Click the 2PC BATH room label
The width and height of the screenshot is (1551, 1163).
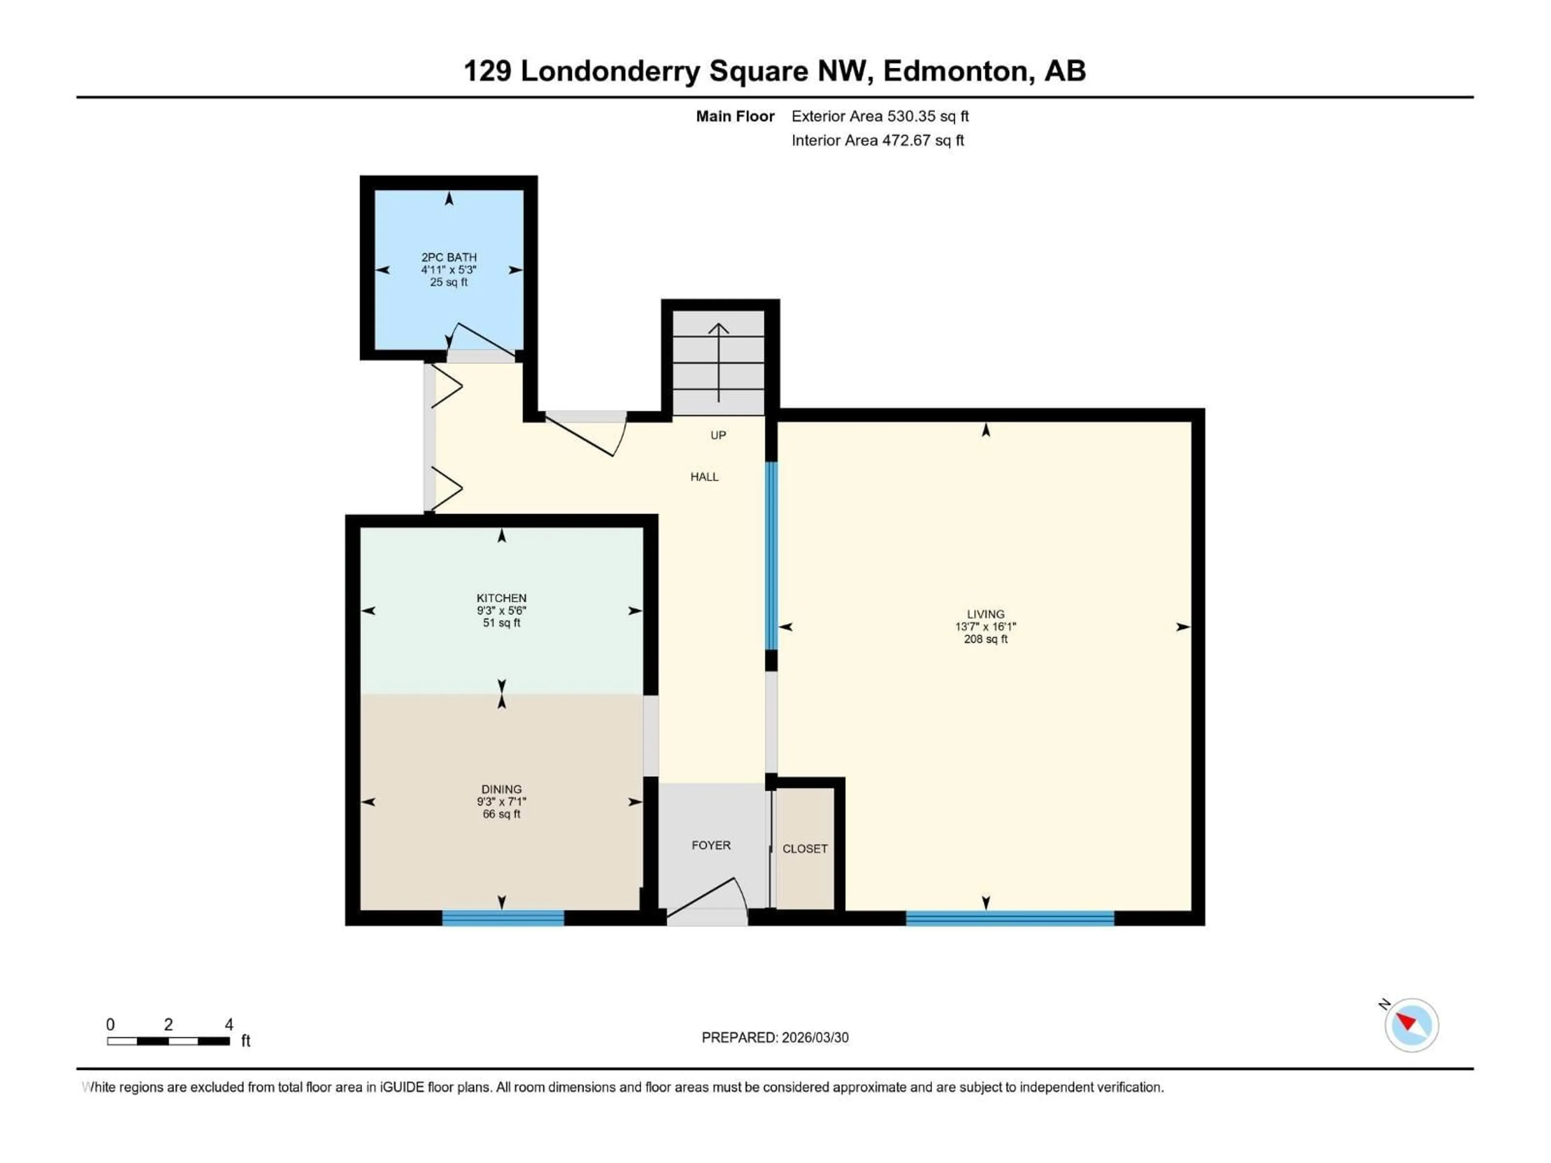(449, 257)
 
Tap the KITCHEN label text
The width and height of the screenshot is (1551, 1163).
(501, 598)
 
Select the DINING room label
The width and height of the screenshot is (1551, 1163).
(501, 789)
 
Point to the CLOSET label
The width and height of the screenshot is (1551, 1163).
(805, 848)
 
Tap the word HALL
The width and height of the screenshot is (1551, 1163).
(704, 477)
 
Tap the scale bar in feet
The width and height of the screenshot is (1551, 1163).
(168, 1041)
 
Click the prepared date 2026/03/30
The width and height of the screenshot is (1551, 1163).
(774, 1037)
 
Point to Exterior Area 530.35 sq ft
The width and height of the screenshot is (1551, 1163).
(880, 116)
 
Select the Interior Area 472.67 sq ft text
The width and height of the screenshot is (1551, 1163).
(877, 140)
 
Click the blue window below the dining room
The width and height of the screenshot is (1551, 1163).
(503, 917)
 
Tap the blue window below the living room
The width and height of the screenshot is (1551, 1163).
(1010, 917)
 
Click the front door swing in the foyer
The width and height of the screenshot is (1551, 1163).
(708, 897)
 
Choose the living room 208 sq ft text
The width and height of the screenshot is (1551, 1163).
(985, 639)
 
